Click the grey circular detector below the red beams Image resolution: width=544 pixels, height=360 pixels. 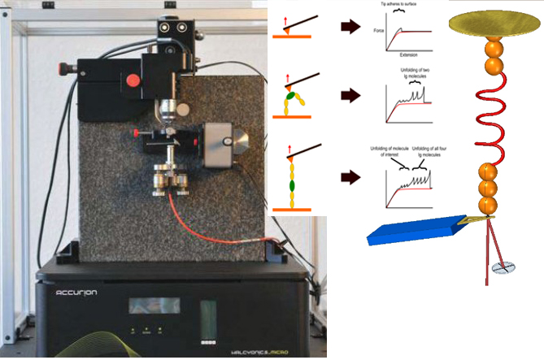coord(504,267)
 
